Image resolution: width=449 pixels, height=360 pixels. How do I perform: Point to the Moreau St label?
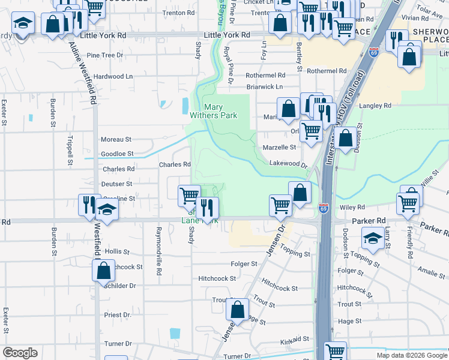(x=116, y=139)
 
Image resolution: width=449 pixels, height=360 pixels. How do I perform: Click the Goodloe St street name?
(x=116, y=154)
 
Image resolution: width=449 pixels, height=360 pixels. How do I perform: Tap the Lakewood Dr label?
(x=288, y=163)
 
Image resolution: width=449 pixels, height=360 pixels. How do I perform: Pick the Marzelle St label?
(x=280, y=147)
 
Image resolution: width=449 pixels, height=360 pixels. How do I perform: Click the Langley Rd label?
(x=375, y=106)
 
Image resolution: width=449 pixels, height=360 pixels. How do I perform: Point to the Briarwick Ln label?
(x=264, y=87)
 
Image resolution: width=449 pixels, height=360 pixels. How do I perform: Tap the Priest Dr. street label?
(x=117, y=314)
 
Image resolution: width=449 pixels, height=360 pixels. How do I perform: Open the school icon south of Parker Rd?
(x=373, y=238)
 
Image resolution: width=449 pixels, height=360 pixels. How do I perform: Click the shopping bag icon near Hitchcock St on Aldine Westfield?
(x=103, y=270)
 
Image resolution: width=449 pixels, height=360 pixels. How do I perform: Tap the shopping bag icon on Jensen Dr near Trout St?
(x=238, y=310)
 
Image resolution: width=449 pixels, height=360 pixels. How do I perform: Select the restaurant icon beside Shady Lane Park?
(x=208, y=208)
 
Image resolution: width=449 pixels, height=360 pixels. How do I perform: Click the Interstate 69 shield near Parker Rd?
(x=324, y=208)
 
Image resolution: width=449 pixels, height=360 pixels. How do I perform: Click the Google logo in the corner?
(x=20, y=353)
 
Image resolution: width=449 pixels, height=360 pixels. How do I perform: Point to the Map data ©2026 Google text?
(x=411, y=355)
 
